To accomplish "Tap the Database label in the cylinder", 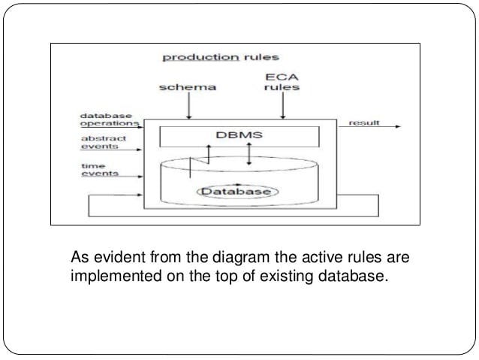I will pyautogui.click(x=237, y=192).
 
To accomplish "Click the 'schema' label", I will pyautogui.click(x=188, y=87).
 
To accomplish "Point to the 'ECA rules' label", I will pyautogui.click(x=283, y=81).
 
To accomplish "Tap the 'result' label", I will pyautogui.click(x=364, y=122).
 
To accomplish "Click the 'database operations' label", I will pyautogui.click(x=109, y=119).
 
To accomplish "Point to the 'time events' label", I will pyautogui.click(x=98, y=169).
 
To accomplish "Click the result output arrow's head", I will pyautogui.click(x=398, y=127).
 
